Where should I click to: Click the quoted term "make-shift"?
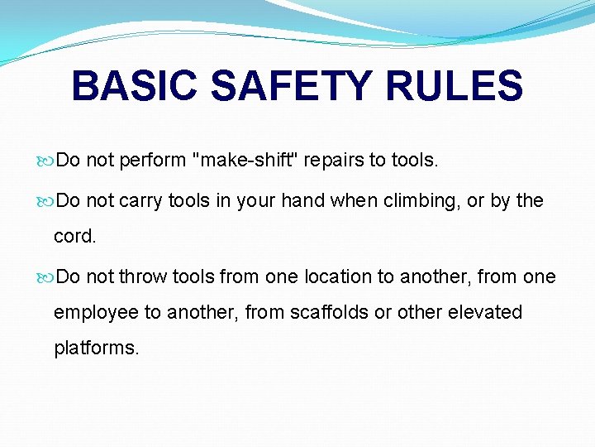245,161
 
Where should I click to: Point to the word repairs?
333,161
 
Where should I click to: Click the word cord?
74,236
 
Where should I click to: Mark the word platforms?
97,348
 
